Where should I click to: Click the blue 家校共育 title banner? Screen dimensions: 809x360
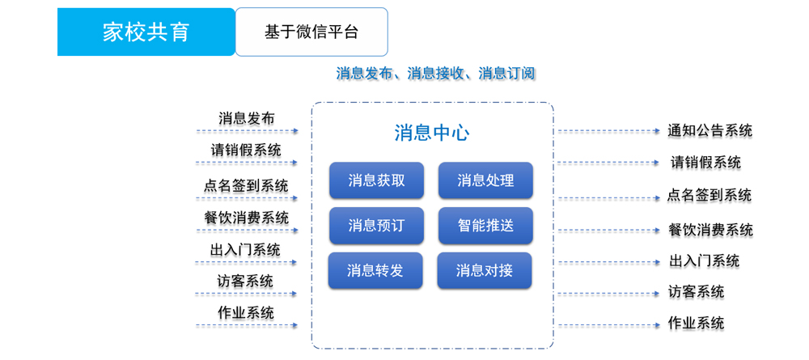click(146, 32)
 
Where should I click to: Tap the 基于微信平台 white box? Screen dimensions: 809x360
click(311, 32)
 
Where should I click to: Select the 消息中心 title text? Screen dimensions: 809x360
click(432, 133)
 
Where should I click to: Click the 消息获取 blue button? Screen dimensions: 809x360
click(377, 180)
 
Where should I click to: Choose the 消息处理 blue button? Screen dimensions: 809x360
click(485, 180)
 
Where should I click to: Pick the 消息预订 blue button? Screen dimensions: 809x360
click(377, 226)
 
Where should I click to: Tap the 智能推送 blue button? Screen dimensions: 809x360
click(485, 226)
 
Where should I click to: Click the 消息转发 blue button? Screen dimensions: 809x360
click(375, 270)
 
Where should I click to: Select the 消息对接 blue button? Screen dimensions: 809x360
click(485, 270)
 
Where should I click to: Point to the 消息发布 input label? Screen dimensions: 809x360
click(247, 118)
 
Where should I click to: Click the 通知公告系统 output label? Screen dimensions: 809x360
click(710, 130)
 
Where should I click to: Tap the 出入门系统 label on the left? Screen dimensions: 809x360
click(246, 251)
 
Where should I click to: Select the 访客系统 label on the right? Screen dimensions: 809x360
click(696, 292)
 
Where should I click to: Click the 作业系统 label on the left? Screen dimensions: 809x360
click(246, 312)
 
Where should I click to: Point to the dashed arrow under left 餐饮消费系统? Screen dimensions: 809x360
click(247, 230)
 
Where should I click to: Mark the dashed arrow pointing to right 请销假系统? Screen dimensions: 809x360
click(609, 163)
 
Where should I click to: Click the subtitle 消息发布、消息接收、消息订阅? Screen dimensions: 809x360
click(435, 74)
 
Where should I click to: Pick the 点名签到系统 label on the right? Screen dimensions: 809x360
click(709, 196)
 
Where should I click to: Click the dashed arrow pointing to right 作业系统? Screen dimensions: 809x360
click(609, 325)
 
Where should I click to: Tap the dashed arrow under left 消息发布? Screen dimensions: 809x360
click(247, 131)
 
